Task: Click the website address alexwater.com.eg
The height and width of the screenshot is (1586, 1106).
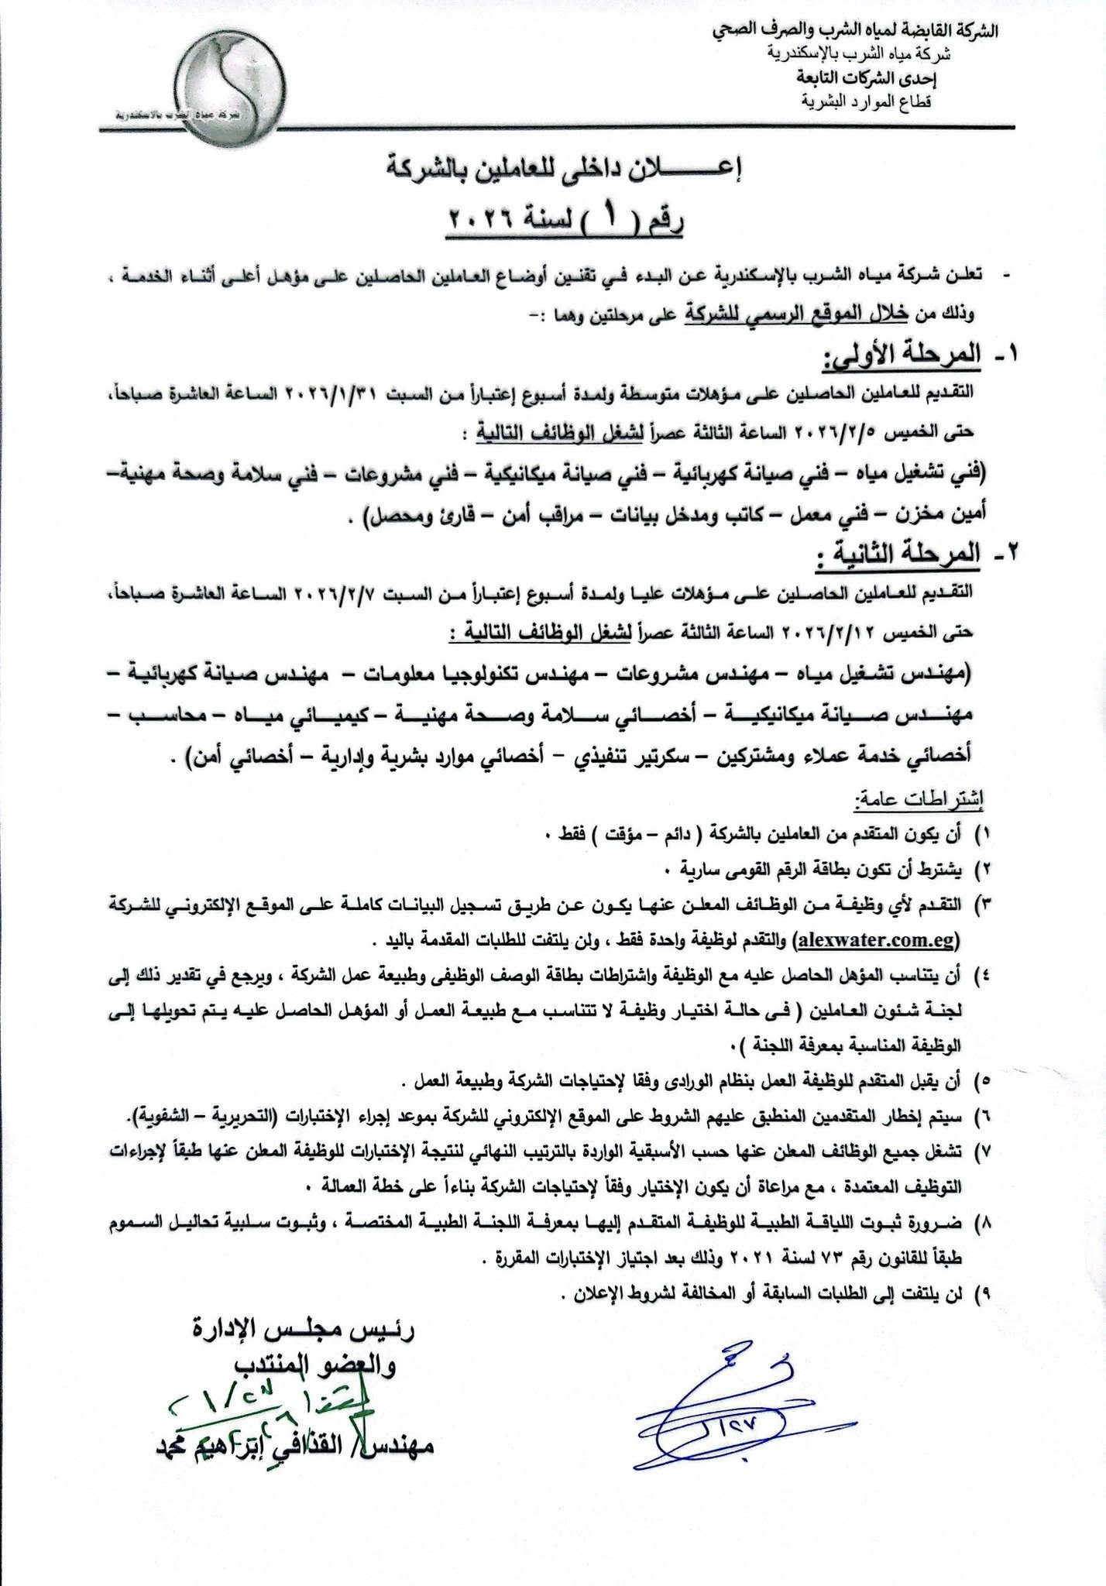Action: [877, 940]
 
